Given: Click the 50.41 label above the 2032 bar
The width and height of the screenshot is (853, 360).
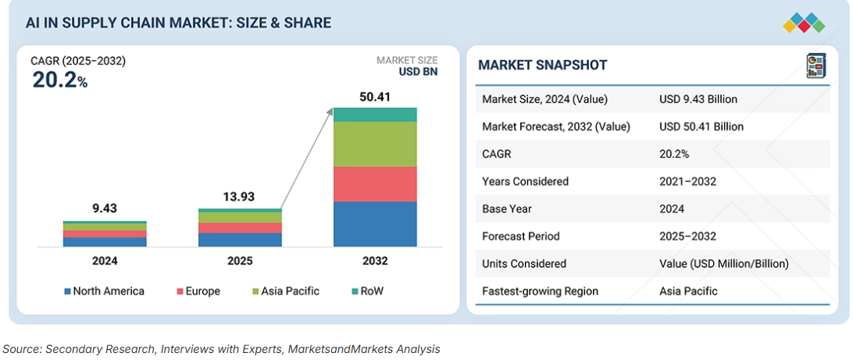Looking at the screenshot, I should tap(375, 98).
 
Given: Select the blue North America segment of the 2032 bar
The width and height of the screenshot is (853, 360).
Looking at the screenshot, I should tap(375, 224).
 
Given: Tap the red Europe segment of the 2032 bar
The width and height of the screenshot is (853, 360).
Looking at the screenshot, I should tap(375, 184).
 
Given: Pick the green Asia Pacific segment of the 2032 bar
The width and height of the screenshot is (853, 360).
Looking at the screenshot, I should tap(375, 144).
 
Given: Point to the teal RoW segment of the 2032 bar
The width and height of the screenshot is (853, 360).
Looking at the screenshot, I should tap(375, 115).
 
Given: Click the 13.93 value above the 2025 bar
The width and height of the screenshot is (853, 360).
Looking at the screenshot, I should tap(239, 198).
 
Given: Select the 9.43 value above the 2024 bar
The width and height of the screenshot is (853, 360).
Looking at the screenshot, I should tap(105, 209).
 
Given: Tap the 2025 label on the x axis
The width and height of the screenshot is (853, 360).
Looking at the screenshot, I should tap(239, 261).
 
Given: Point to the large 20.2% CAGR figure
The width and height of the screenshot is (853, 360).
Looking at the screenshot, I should tap(59, 80).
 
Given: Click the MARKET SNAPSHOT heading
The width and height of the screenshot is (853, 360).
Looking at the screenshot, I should tap(542, 66).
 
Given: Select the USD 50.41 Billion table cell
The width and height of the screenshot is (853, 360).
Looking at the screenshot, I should tap(701, 127).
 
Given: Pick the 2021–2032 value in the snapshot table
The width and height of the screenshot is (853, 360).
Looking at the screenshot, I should tap(687, 181).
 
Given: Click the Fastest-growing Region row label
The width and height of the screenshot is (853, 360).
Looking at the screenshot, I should tap(540, 291).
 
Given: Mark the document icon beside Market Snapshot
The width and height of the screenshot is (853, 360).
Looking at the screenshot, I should tap(816, 66).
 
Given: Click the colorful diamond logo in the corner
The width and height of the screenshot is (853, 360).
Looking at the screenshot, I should tap(804, 23).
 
